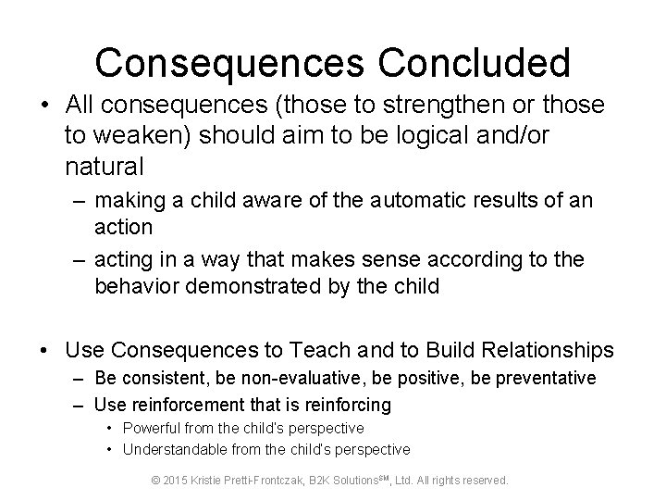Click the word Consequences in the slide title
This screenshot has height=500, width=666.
220,63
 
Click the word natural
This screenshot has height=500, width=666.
105,168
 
